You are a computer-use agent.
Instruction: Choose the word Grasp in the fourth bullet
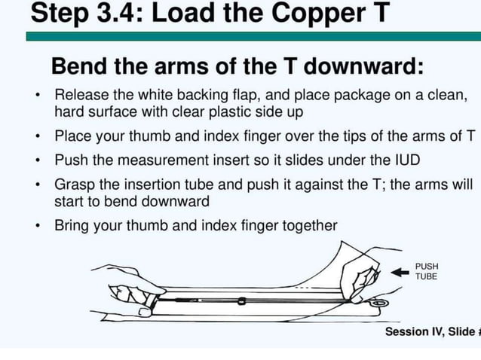[74, 185]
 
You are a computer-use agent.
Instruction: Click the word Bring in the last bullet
[72, 225]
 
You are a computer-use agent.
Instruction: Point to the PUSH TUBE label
[427, 271]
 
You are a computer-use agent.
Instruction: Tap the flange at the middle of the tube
[241, 302]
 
